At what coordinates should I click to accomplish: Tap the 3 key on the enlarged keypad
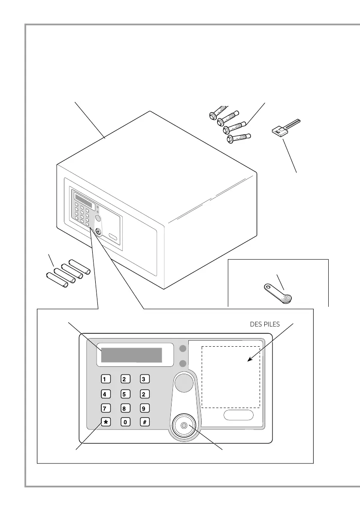pyautogui.click(x=145, y=379)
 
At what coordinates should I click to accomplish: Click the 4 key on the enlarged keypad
pyautogui.click(x=106, y=393)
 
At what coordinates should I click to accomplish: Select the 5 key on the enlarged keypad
pyautogui.click(x=125, y=393)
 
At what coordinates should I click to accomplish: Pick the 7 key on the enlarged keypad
pyautogui.click(x=106, y=408)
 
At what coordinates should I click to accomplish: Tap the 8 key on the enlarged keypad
pyautogui.click(x=125, y=408)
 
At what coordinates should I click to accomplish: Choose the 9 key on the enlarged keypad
pyautogui.click(x=145, y=408)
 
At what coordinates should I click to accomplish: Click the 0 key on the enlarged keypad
pyautogui.click(x=125, y=422)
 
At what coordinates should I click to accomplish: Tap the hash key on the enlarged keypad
pyautogui.click(x=145, y=422)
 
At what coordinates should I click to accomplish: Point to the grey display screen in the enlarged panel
pyautogui.click(x=131, y=355)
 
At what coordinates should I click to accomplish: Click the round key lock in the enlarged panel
pyautogui.click(x=184, y=425)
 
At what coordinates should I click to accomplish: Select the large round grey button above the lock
pyautogui.click(x=183, y=382)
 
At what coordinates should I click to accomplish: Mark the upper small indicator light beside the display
pyautogui.click(x=183, y=348)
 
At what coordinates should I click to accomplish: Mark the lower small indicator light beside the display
pyautogui.click(x=183, y=364)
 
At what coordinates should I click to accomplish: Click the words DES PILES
pyautogui.click(x=265, y=324)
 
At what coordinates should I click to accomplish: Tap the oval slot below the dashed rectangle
pyautogui.click(x=238, y=415)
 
